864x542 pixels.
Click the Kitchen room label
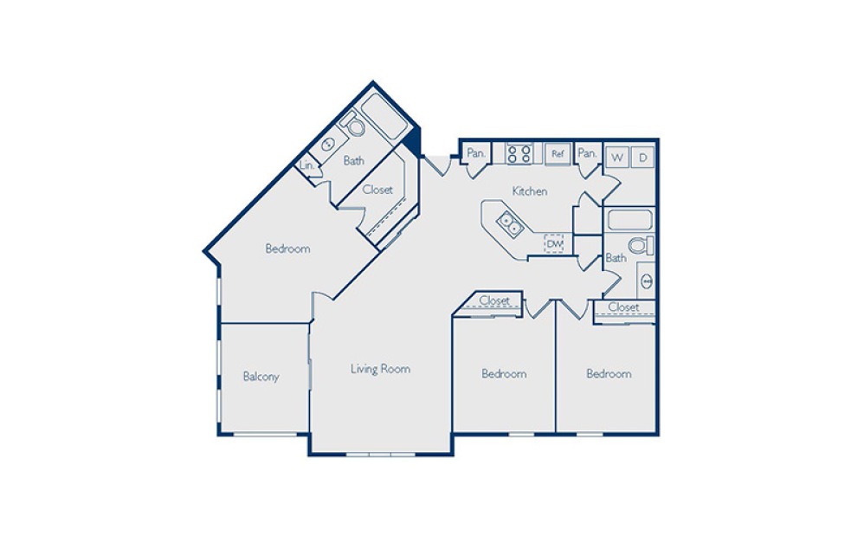(x=529, y=191)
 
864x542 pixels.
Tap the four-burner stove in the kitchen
(x=519, y=154)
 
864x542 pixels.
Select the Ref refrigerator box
(x=558, y=154)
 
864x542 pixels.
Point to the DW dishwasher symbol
(x=555, y=245)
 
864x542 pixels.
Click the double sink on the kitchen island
(x=508, y=225)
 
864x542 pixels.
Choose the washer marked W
(x=616, y=158)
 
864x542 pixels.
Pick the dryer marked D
(x=642, y=158)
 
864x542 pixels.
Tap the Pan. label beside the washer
(x=587, y=153)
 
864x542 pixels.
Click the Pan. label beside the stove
(x=475, y=153)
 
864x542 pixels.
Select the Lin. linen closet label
(x=306, y=165)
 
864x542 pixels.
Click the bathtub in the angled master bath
(x=384, y=118)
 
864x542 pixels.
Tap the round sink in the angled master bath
(x=328, y=145)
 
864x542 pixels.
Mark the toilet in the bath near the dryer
(x=641, y=246)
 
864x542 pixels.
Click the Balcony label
(x=261, y=377)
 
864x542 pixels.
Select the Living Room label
(x=380, y=369)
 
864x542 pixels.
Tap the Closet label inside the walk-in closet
(x=377, y=190)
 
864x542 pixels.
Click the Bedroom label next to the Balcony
(x=287, y=249)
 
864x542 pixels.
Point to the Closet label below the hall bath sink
(x=623, y=307)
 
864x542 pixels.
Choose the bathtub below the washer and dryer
(x=629, y=219)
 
